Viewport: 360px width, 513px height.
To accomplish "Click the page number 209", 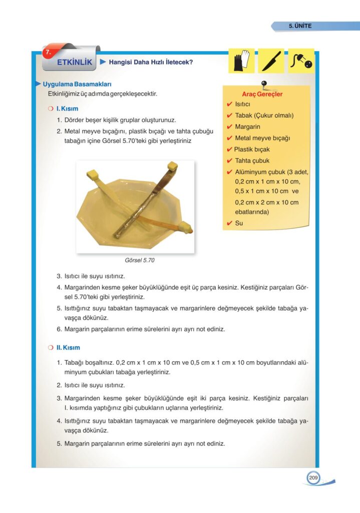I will point(313,478).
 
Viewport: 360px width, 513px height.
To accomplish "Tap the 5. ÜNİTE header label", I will point(300,26).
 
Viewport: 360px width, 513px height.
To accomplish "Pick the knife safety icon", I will point(271,61).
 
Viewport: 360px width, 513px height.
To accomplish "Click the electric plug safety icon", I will point(301,61).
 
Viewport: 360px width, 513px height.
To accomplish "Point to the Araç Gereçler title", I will point(262,94).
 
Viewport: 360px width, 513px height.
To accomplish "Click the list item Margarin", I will point(247,127).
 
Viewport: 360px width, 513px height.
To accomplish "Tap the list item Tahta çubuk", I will point(252,161).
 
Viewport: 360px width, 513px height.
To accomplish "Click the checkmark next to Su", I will point(229,223).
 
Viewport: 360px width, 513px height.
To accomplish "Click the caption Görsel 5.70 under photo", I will point(140,261).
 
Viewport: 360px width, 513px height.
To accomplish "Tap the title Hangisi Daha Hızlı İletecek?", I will point(151,63).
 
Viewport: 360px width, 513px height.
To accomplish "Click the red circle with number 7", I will point(48,52).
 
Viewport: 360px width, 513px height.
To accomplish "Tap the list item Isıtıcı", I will point(245,104).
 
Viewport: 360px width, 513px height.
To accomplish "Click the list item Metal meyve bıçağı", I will point(262,138).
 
